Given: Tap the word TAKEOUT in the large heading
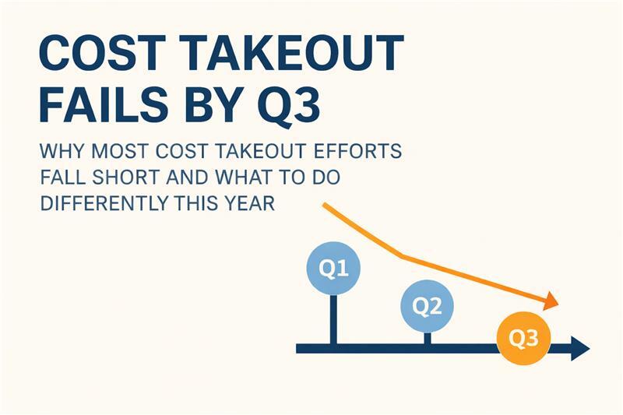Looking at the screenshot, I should point(291,54).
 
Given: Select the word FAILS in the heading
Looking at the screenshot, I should point(98,107).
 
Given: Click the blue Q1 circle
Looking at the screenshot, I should point(334,269).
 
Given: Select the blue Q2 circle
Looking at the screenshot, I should point(426,306).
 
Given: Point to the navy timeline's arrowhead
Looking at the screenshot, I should point(579,348).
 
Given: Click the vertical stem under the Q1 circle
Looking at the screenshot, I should point(334,319).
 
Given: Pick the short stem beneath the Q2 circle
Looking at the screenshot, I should point(426,337).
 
